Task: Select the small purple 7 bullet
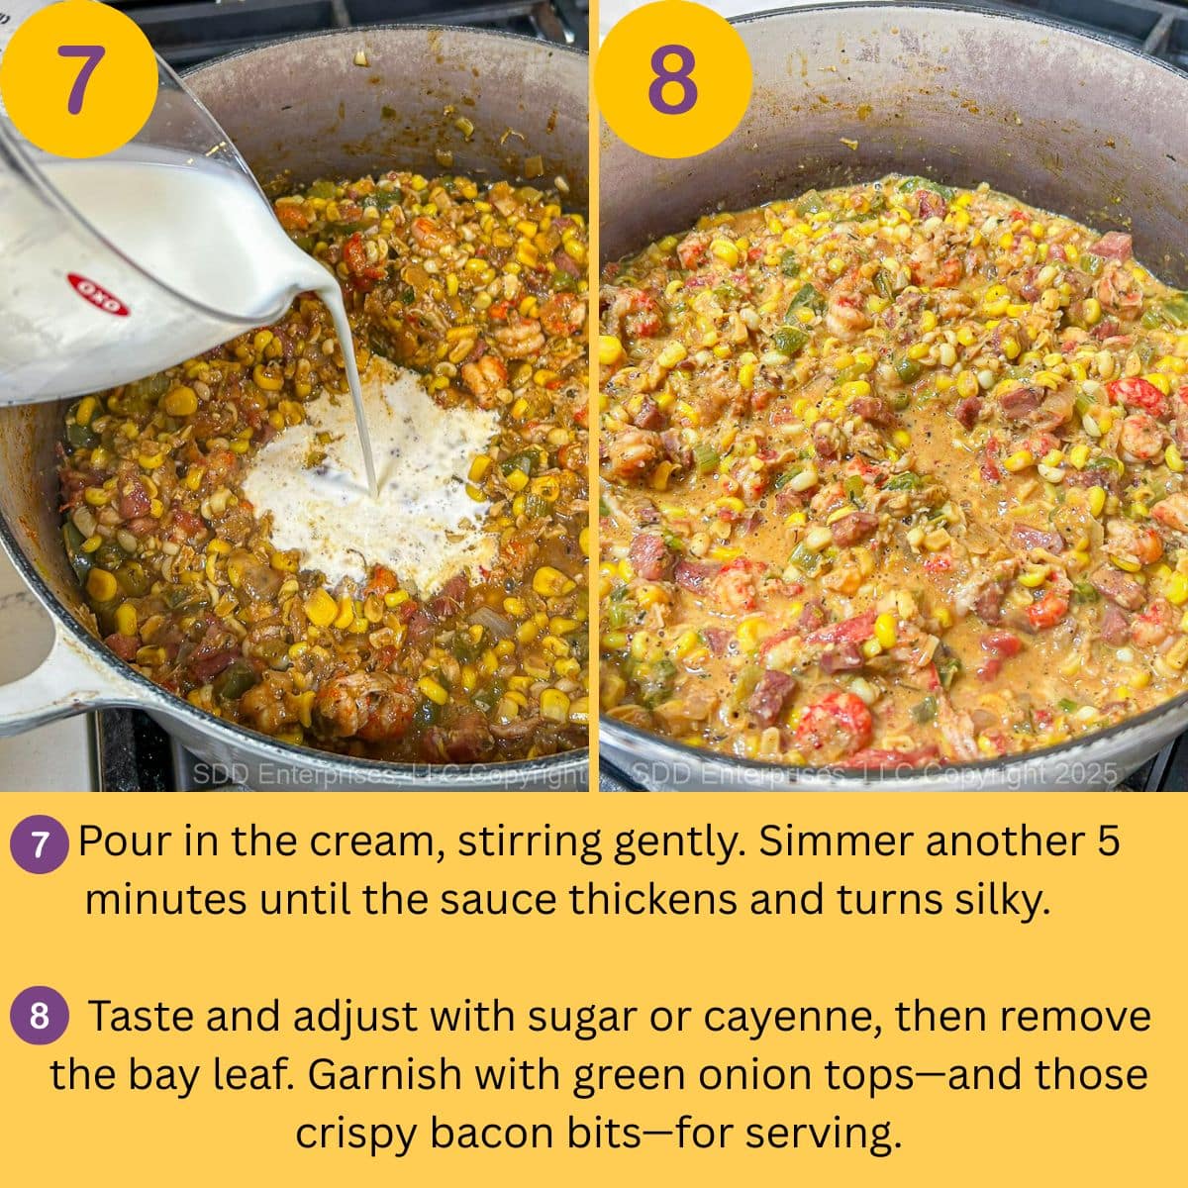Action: [x=39, y=844]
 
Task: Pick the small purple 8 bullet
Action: [x=39, y=1017]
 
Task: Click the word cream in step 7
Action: [x=374, y=841]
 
